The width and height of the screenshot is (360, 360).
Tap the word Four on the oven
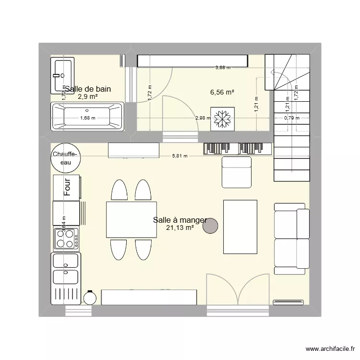click(68, 187)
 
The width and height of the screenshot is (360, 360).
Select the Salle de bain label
click(88, 89)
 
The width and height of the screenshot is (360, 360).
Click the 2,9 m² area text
click(87, 96)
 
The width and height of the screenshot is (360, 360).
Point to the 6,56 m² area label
click(222, 92)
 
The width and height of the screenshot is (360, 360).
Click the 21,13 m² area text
click(180, 228)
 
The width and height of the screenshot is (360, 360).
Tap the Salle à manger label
click(180, 220)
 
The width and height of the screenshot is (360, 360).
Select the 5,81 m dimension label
click(180, 156)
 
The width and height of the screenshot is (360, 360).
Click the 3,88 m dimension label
click(222, 68)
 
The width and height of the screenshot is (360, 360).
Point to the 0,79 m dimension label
click(291, 118)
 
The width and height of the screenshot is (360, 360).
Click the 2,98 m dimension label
click(202, 118)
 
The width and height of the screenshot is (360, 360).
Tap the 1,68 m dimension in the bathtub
click(87, 118)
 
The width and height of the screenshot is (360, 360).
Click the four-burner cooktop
click(67, 239)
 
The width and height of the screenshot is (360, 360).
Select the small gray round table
click(210, 226)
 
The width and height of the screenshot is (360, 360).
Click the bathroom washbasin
click(62, 75)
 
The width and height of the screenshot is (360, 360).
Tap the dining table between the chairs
click(132, 219)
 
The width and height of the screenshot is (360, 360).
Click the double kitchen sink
click(66, 269)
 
